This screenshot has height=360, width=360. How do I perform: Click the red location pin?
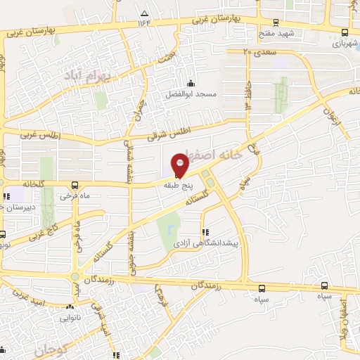(179, 165)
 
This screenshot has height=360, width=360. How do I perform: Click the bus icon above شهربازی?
(344, 32)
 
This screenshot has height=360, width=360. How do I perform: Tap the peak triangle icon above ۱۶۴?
(145, 13)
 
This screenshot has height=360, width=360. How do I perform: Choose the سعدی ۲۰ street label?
(257, 51)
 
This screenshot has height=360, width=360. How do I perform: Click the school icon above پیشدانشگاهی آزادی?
(205, 231)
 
